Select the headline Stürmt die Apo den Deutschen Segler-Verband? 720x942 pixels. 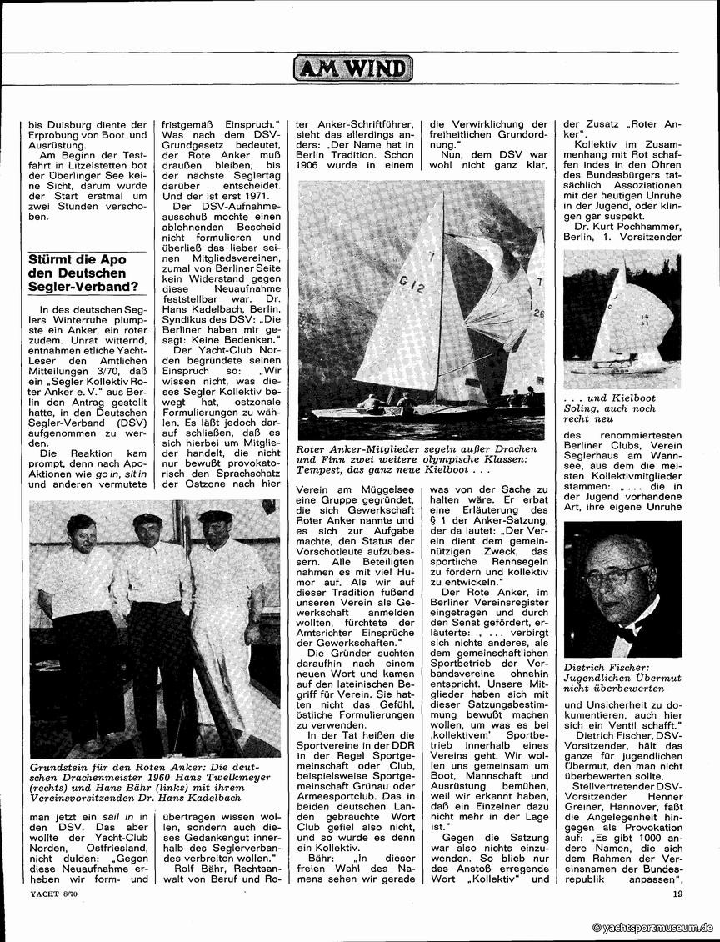click(x=82, y=273)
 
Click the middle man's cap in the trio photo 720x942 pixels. click(x=148, y=519)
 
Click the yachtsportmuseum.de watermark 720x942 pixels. click(x=652, y=927)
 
